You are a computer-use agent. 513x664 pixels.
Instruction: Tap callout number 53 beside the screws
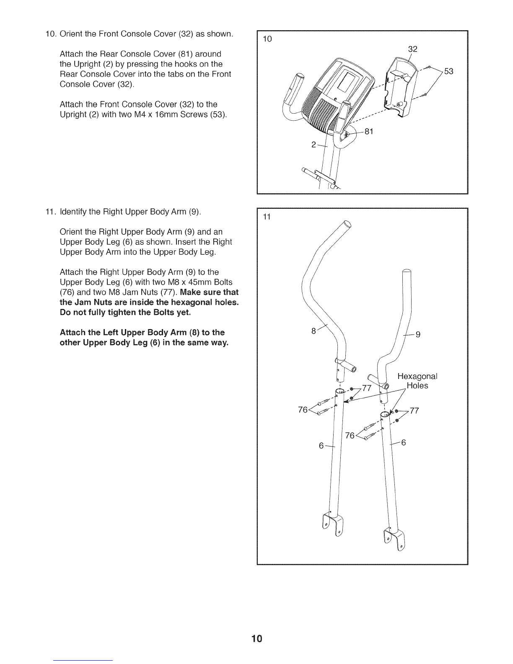tap(449, 72)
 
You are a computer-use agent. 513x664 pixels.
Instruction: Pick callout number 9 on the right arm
tap(418, 335)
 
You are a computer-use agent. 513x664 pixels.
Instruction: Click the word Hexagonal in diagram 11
tap(417, 376)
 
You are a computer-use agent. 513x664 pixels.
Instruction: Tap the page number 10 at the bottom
tap(256, 638)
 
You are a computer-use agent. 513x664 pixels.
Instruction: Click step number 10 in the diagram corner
tap(267, 39)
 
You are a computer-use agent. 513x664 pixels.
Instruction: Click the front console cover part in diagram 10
tap(400, 88)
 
